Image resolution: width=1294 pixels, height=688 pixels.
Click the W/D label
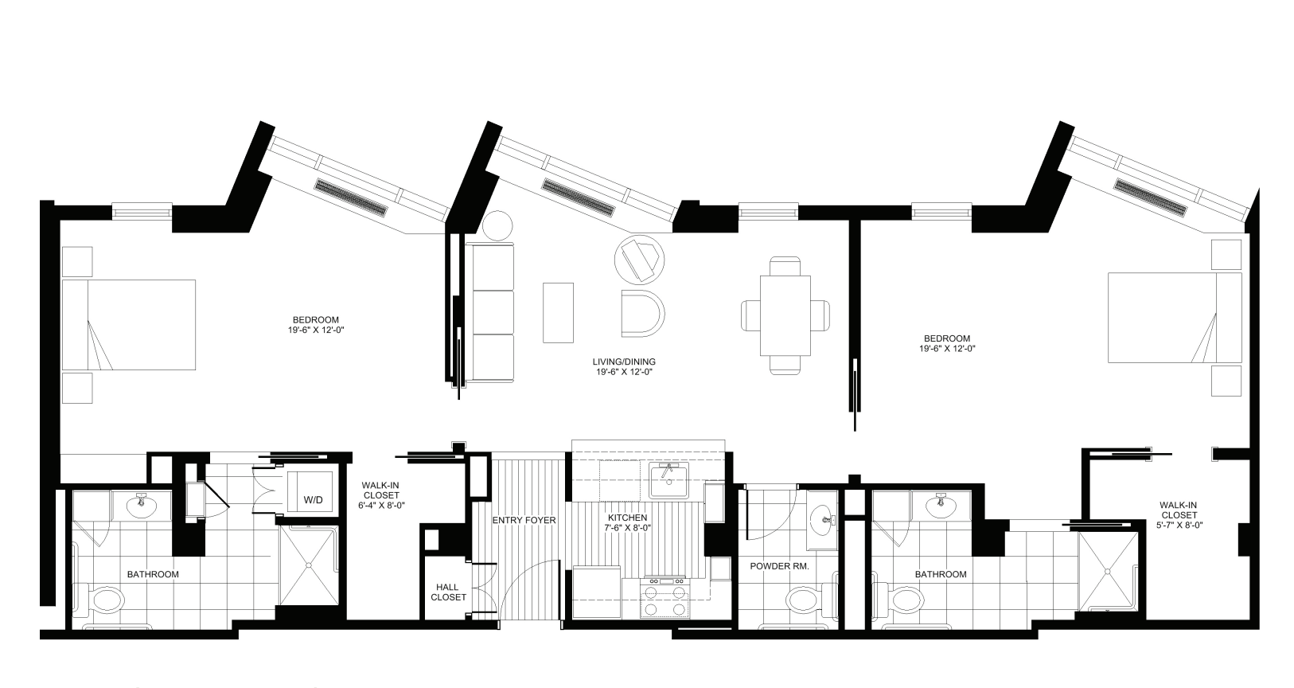click(313, 501)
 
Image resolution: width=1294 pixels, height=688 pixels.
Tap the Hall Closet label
click(450, 592)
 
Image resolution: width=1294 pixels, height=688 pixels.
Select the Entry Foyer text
click(524, 520)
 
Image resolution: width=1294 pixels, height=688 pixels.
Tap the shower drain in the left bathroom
click(309, 565)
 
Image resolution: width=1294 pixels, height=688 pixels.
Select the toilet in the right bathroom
click(907, 599)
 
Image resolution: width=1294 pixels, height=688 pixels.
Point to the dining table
click(785, 315)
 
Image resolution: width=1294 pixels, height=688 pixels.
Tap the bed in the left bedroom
click(129, 325)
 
